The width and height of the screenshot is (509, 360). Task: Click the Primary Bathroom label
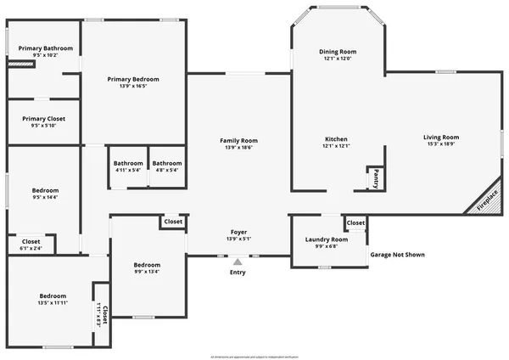46,49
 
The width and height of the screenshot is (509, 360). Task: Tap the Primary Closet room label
43,119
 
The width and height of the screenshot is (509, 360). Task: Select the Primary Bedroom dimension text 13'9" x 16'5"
133,86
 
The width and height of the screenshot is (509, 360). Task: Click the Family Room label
238,141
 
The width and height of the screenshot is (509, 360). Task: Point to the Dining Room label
337,52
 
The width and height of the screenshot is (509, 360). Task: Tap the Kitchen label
337,139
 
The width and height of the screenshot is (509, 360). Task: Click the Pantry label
375,179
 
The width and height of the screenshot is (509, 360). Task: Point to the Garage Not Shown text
398,255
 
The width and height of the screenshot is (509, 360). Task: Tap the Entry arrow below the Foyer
238,262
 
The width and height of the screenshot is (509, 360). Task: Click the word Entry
238,273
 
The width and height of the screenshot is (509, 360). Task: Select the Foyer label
238,232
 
